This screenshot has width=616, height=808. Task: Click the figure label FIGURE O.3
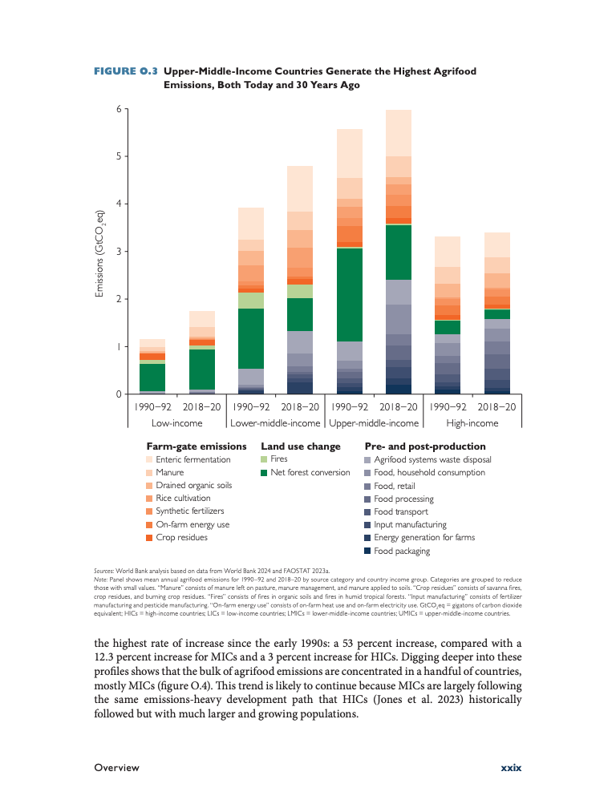[126, 71]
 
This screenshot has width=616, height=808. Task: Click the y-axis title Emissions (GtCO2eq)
[100, 253]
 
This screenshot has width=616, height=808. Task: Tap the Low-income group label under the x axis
[176, 423]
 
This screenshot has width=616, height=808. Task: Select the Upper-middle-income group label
[374, 423]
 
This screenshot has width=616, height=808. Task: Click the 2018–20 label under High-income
[496, 407]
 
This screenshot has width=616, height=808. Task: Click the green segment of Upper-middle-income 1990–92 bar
[350, 295]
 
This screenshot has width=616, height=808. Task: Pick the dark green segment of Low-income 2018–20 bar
[202, 369]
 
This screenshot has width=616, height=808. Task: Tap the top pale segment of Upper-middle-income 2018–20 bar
[399, 133]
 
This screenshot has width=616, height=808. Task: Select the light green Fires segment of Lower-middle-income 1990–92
[251, 301]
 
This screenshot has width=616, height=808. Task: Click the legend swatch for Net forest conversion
[264, 473]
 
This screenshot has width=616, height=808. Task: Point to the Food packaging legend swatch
[367, 551]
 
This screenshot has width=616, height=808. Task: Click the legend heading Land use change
[301, 446]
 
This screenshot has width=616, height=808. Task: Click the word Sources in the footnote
[104, 571]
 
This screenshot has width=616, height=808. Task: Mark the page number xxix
[512, 768]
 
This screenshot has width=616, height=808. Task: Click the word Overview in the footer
[116, 768]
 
